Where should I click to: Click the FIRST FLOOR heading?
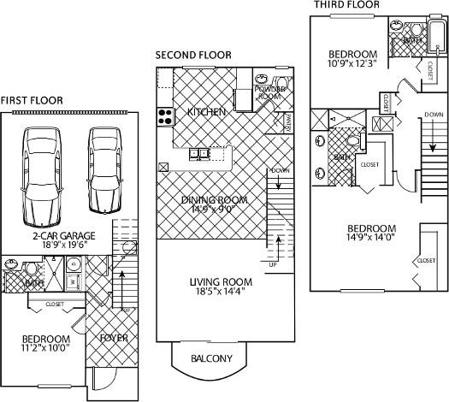point(32,100)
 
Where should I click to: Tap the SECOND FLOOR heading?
point(193,55)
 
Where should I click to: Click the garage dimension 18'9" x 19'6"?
point(64,245)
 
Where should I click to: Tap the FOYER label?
point(114,338)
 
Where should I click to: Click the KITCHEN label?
point(206,112)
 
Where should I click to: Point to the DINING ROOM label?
point(214,200)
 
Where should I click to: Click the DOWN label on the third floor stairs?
point(434,114)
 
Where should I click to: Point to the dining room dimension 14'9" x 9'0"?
point(214,210)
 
